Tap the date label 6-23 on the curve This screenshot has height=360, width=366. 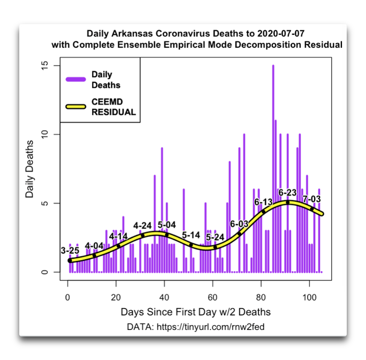287,192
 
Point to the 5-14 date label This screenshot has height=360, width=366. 191,235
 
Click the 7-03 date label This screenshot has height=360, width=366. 312,199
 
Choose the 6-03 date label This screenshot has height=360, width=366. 239,223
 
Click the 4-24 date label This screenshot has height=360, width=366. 143,225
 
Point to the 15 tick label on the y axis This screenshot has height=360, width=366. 45,65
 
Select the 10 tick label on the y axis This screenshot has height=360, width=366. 45,134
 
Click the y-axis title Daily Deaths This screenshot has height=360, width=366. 30,169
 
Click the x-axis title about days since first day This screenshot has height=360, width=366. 195,312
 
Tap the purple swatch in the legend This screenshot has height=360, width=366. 76,79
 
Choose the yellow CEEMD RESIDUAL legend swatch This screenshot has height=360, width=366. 76,107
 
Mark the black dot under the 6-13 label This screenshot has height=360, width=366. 263,212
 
